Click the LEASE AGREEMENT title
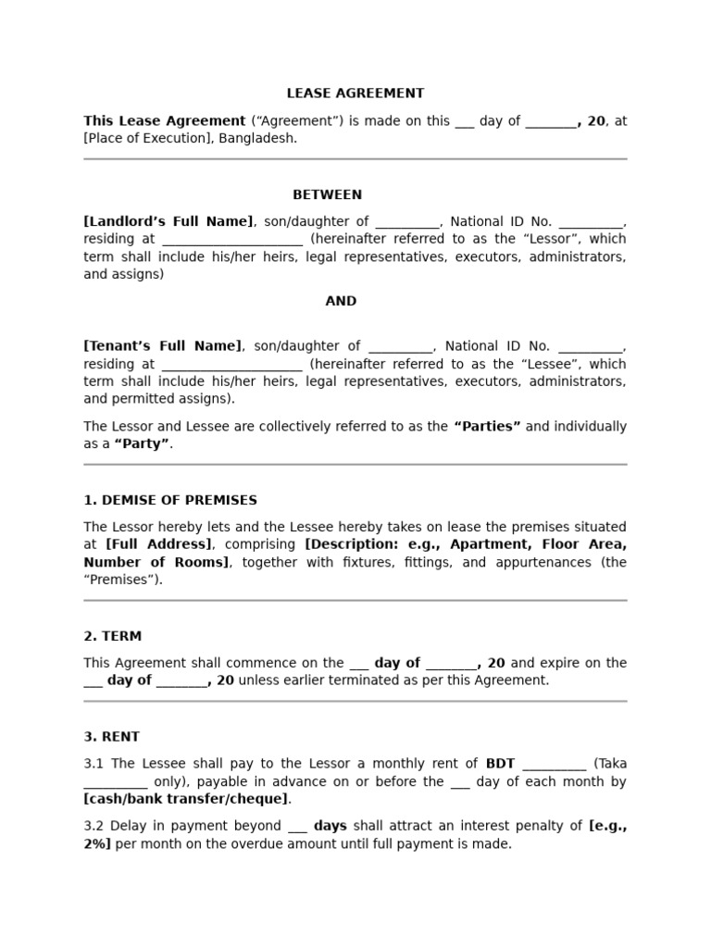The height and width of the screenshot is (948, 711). point(355,94)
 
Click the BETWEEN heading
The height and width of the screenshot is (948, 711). point(328,195)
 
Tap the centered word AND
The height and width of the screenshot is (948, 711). point(341,302)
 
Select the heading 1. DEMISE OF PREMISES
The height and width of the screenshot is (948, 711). point(170,501)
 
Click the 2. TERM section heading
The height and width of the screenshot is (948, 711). point(113,637)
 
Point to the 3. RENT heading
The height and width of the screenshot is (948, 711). point(112,738)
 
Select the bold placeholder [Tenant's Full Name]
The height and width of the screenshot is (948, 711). point(162,346)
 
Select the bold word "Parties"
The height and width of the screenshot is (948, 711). point(487,427)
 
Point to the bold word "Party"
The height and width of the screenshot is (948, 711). point(142,444)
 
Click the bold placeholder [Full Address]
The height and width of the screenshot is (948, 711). point(158,545)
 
